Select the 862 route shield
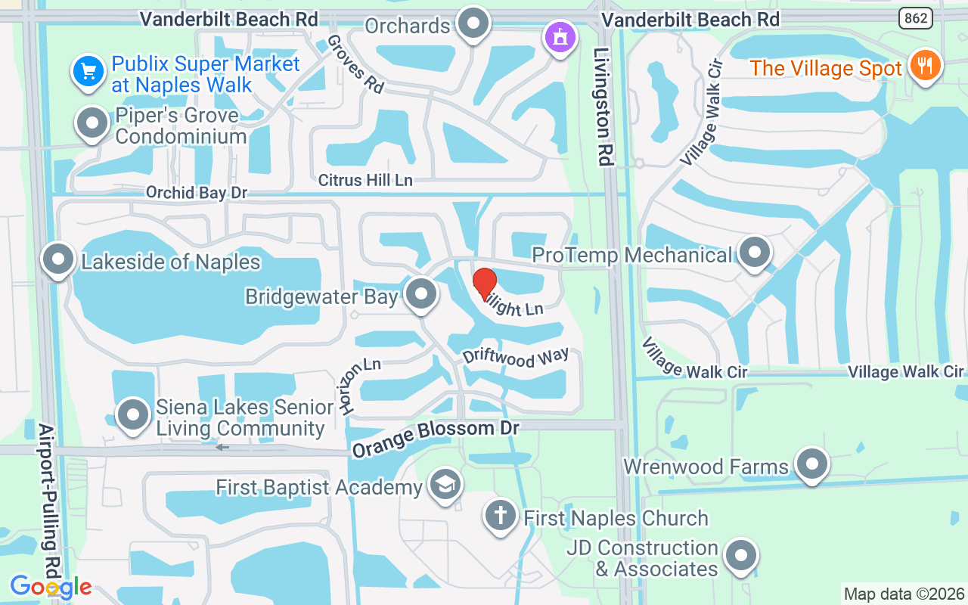tap(915, 19)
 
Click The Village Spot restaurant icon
tap(923, 66)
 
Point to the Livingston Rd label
tap(602, 96)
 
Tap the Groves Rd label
tap(355, 64)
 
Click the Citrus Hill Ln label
tap(365, 180)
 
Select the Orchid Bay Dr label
tap(197, 193)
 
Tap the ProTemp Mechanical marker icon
tap(753, 253)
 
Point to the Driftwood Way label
tap(516, 358)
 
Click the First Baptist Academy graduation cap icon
tap(445, 485)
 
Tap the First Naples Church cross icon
tap(500, 516)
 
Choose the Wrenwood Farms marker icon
tap(812, 464)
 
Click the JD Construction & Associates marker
tap(740, 557)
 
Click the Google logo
tap(51, 587)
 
